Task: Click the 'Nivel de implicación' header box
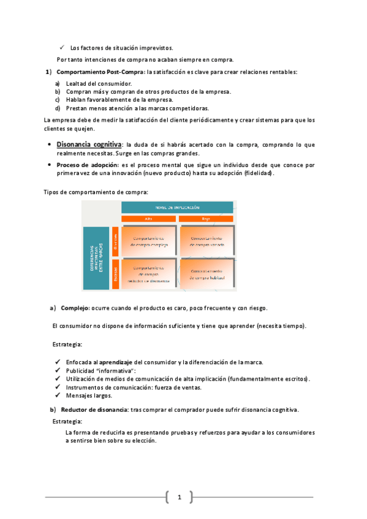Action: coord(178,207)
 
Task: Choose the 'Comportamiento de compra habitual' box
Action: coord(206,273)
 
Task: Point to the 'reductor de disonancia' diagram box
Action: coord(148,273)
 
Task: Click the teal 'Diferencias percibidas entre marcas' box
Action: coord(96,257)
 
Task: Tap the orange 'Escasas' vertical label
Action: coord(115,273)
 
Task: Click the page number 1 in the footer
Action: coord(180,497)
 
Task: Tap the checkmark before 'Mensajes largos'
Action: coord(57,395)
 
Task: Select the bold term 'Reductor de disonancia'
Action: coord(94,409)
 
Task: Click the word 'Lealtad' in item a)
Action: coord(77,83)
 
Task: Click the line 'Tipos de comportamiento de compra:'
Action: coord(96,192)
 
